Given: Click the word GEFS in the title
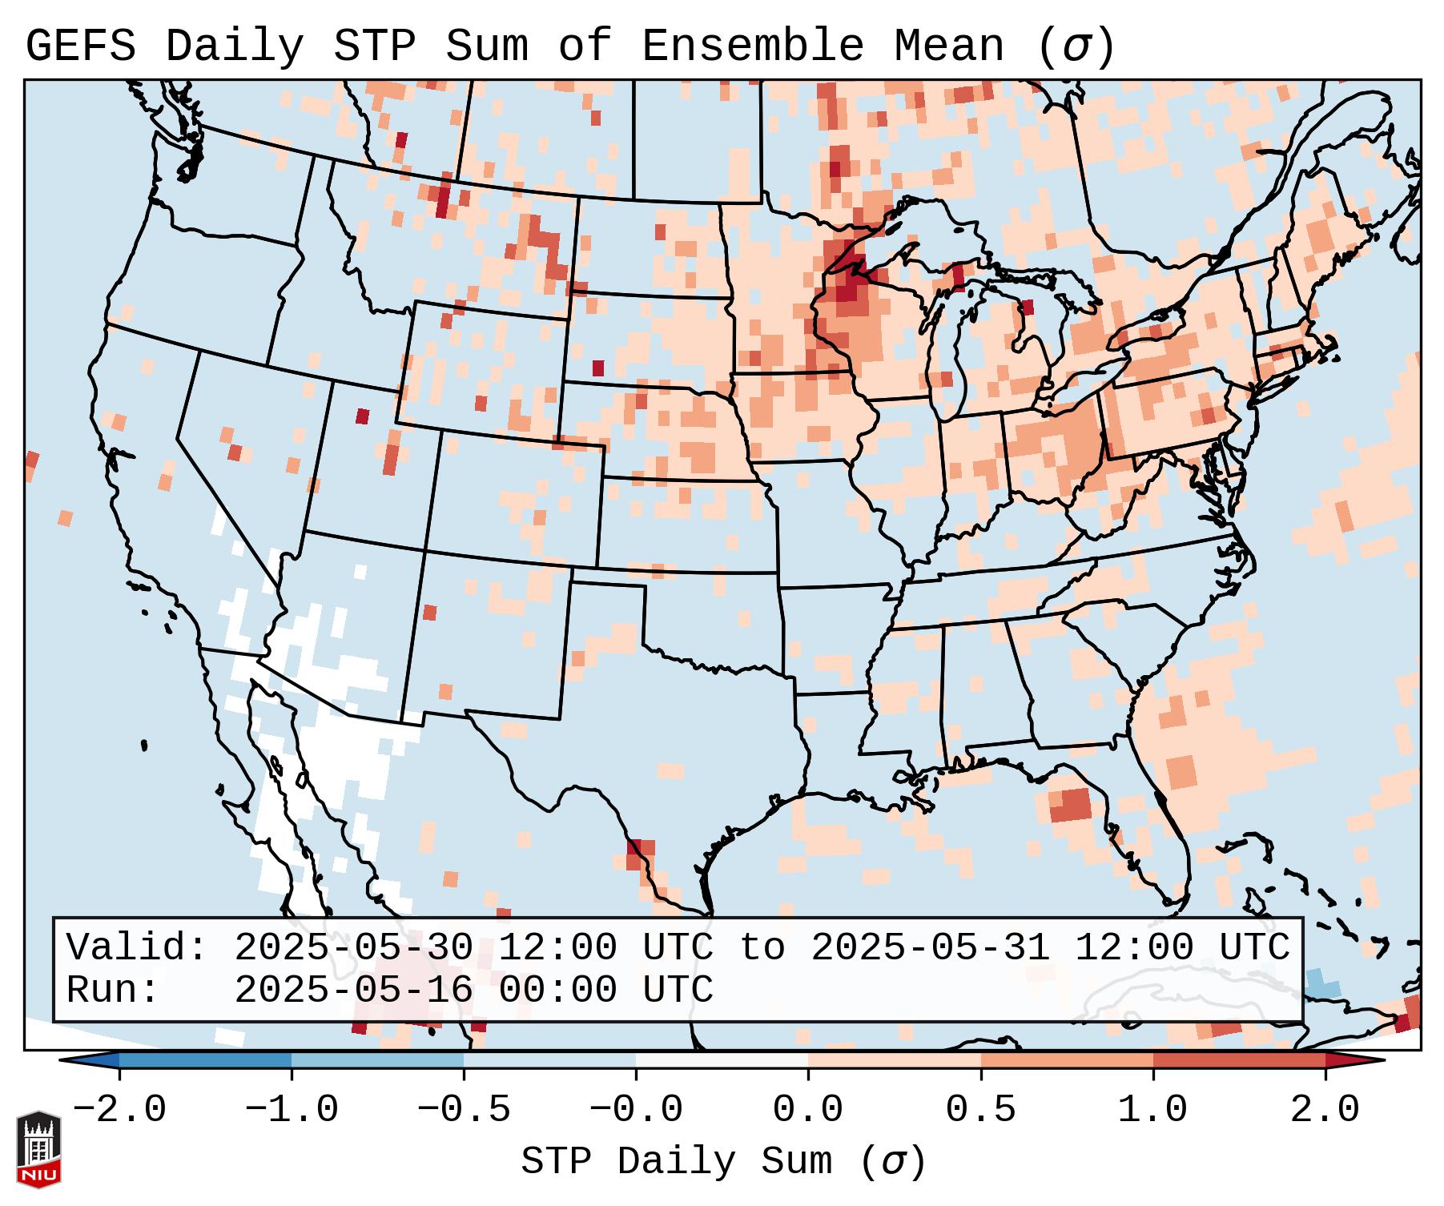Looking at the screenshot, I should (x=81, y=47).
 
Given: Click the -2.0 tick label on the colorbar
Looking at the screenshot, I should (x=119, y=1110).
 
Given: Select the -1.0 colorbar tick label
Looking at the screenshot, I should (x=291, y=1110).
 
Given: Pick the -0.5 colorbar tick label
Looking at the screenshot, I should (x=463, y=1110).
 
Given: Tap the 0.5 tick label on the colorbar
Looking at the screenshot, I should (x=980, y=1110).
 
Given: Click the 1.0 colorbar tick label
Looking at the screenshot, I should (x=1152, y=1110).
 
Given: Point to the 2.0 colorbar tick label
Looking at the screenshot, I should (x=1325, y=1110).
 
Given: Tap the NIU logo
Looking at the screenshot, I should (x=38, y=1149).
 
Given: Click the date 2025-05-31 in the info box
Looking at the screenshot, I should (x=930, y=948).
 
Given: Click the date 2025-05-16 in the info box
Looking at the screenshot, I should (x=353, y=991).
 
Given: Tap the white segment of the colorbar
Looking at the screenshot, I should (x=722, y=1060).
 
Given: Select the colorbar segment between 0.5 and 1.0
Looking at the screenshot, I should (x=1066, y=1060).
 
